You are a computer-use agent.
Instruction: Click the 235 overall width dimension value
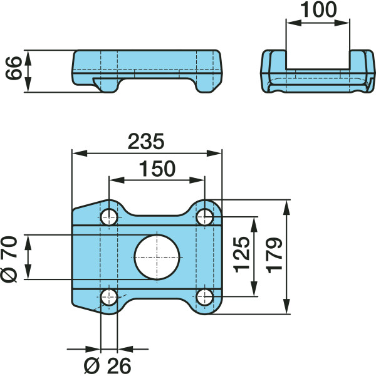146,142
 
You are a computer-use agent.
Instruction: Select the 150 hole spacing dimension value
157,169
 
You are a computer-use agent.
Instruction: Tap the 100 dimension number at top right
318,9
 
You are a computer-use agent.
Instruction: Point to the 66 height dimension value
14,68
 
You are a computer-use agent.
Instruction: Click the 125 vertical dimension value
242,254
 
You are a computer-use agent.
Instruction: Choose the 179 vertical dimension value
274,256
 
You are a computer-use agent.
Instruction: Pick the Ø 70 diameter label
9,259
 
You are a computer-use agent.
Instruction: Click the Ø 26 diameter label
107,366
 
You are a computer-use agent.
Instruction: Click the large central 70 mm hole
157,257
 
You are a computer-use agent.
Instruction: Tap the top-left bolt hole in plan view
109,217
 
